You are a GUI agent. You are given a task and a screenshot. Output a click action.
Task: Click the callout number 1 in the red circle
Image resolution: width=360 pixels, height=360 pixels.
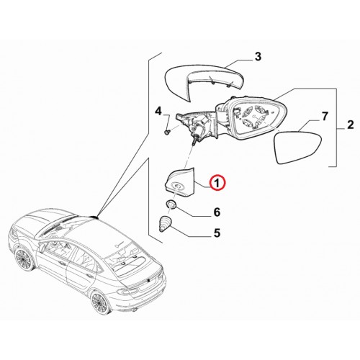[217, 184]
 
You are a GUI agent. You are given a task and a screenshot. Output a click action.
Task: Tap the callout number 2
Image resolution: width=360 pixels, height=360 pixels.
[350, 125]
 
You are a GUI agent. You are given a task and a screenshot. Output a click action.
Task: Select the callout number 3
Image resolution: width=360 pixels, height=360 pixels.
[257, 57]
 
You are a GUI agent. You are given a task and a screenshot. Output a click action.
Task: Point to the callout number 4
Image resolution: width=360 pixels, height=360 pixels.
[158, 111]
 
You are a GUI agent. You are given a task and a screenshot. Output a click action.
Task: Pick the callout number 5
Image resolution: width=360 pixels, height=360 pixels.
[217, 233]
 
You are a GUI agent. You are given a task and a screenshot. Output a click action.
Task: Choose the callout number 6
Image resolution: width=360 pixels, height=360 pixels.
[217, 212]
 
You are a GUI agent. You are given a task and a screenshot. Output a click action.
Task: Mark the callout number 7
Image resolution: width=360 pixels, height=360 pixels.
[324, 117]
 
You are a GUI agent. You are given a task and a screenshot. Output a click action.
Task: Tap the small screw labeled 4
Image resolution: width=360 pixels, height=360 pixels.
[166, 132]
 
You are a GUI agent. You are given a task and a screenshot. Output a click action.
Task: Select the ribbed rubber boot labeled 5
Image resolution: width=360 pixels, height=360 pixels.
[166, 224]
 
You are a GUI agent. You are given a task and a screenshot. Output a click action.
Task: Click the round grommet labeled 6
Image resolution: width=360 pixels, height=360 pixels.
[171, 205]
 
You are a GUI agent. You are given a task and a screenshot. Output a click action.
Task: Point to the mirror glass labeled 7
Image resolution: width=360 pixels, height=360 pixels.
[298, 146]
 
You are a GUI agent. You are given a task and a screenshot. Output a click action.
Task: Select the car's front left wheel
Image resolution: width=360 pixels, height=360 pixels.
[24, 259]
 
